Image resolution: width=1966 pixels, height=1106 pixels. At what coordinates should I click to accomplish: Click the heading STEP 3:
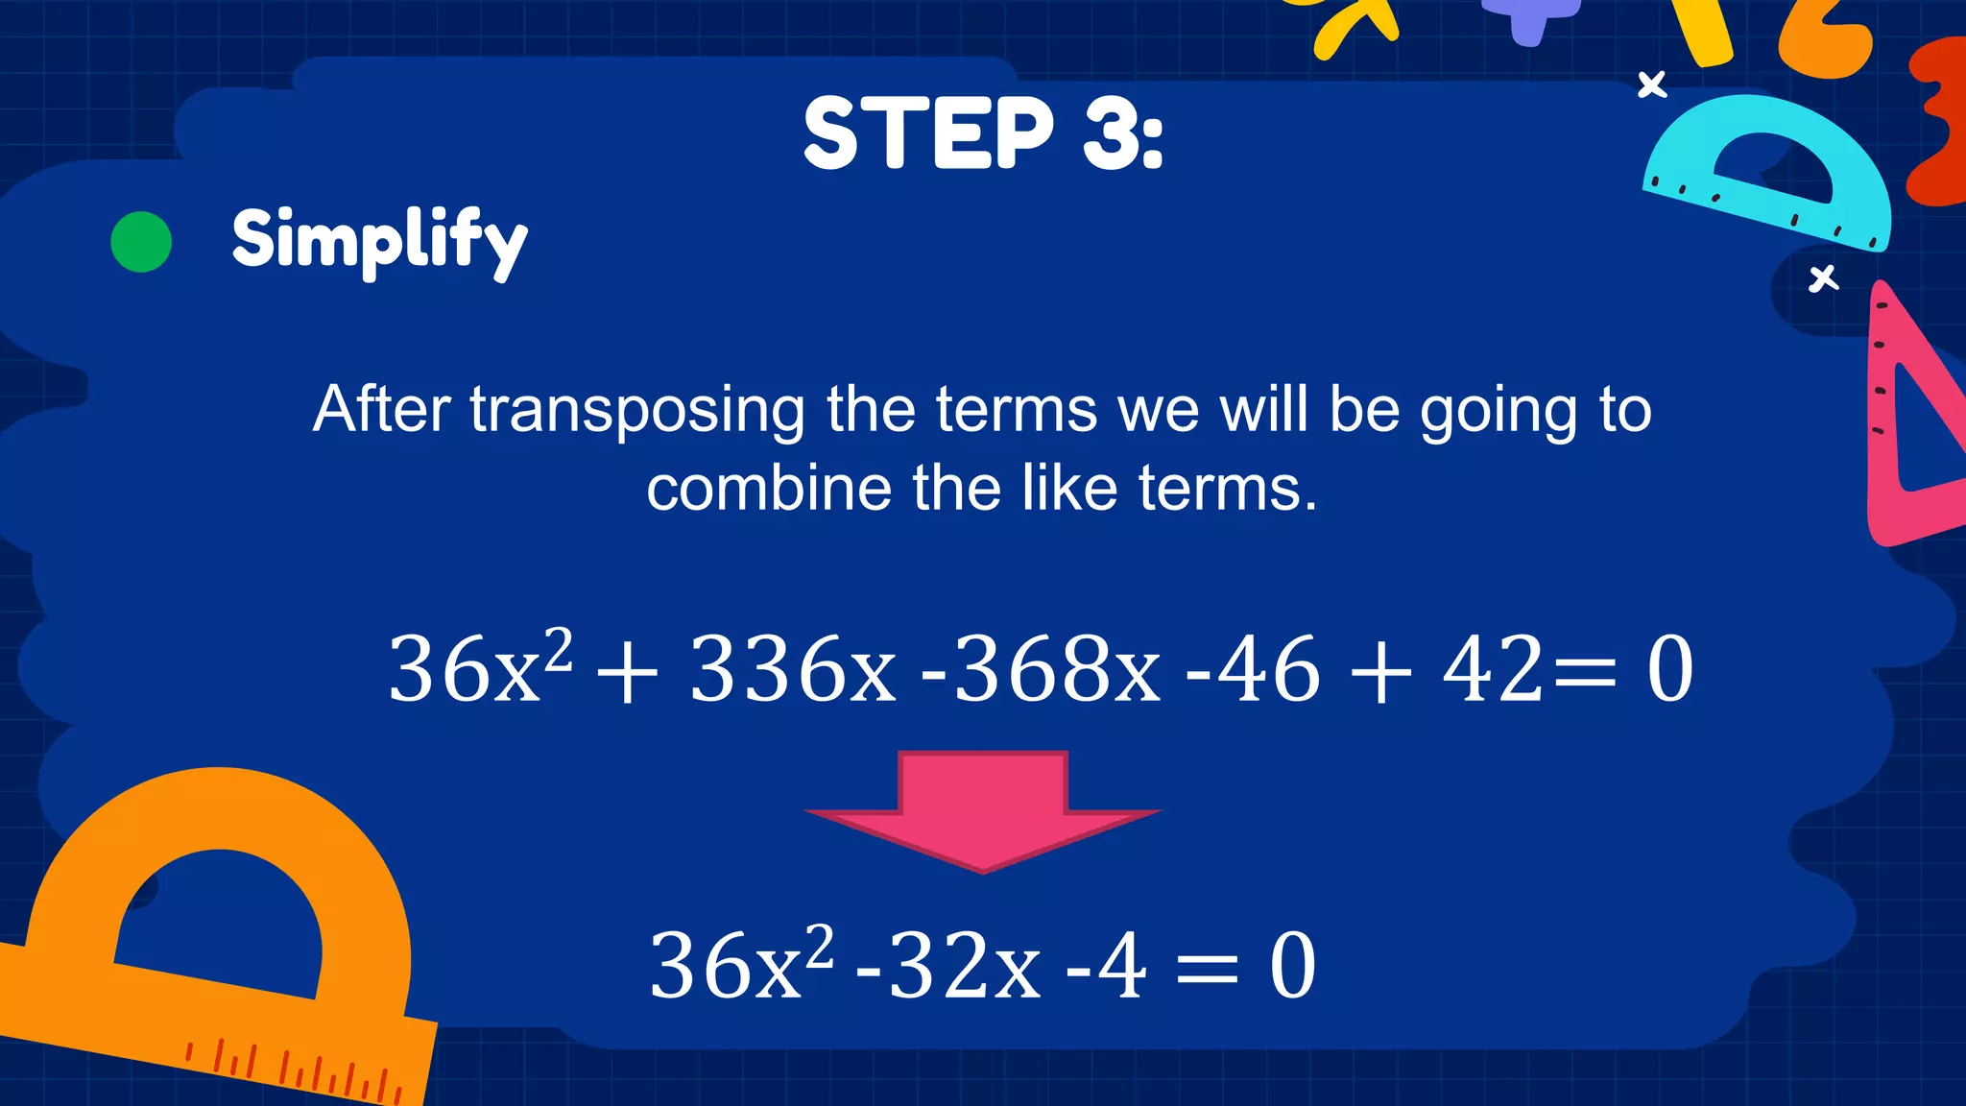click(x=983, y=133)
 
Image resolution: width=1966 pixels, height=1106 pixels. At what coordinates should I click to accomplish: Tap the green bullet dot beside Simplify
click(x=141, y=242)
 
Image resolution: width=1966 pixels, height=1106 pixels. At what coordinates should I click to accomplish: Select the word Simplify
click(x=379, y=240)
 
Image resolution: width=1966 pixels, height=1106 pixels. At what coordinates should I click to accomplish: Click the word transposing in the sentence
click(x=636, y=411)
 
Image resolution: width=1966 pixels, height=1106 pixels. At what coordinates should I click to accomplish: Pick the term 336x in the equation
click(x=792, y=669)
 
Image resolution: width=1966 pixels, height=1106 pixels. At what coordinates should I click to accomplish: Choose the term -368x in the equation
click(x=1041, y=669)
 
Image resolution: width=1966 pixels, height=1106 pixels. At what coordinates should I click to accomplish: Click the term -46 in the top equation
click(x=1253, y=669)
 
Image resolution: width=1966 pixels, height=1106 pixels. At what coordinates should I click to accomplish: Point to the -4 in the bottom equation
click(x=1106, y=966)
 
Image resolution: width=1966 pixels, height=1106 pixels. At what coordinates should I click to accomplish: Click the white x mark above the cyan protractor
click(x=1652, y=85)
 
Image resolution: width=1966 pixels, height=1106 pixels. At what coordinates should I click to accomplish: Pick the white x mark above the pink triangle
click(x=1823, y=279)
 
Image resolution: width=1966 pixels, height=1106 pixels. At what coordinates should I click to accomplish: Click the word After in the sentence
click(x=381, y=411)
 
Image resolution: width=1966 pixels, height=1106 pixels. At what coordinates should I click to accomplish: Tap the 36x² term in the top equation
click(x=480, y=669)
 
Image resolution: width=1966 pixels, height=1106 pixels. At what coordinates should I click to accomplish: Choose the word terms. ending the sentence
click(x=1228, y=489)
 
